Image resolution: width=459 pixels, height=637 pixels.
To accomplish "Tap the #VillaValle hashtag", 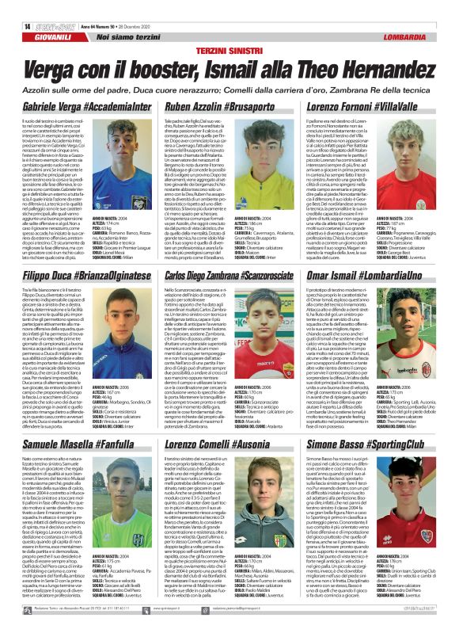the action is tap(419, 105).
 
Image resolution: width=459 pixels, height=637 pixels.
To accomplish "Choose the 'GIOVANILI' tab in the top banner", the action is tap(40, 36).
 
